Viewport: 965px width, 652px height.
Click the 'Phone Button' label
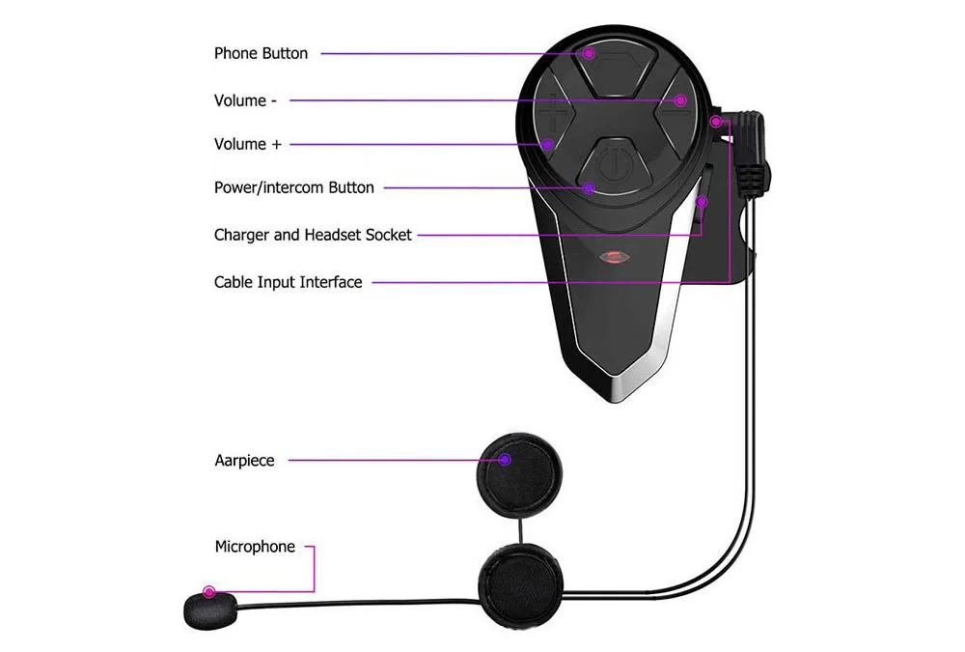click(261, 53)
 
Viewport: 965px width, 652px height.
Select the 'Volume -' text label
click(245, 100)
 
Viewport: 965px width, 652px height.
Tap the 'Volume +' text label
click(248, 144)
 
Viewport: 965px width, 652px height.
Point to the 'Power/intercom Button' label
click(293, 187)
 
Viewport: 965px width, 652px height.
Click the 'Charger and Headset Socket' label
click(313, 235)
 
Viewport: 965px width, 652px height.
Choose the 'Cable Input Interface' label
click(288, 282)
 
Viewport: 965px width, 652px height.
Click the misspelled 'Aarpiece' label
click(244, 461)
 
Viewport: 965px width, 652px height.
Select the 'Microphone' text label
click(255, 547)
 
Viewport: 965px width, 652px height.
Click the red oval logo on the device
click(615, 258)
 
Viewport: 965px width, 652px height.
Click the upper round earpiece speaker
click(522, 471)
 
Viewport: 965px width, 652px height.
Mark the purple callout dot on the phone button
click(589, 54)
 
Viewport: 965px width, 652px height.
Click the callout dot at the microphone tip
click(208, 591)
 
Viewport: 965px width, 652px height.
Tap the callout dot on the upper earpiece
click(506, 460)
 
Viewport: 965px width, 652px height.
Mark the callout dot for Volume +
click(547, 145)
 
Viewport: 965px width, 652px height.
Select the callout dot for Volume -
click(680, 100)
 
